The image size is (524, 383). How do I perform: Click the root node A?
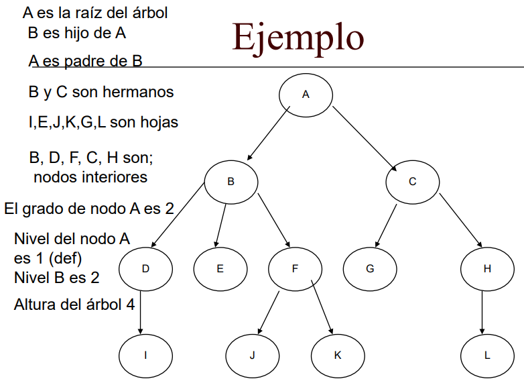pos(306,95)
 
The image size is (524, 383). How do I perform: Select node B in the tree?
pos(231,181)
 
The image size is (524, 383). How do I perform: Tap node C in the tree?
pos(412,181)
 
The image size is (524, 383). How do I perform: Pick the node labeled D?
pos(145,268)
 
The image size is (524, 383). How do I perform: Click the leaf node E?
pos(220,268)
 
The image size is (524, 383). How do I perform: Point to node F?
pos(295,268)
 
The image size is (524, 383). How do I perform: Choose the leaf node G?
pos(370,268)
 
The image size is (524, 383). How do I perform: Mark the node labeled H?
pos(487,268)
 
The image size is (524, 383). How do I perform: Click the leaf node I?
pos(145,355)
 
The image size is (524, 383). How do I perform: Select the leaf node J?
pos(252,355)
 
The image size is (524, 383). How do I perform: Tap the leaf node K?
pos(338,355)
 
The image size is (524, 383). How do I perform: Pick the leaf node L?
pos(487,355)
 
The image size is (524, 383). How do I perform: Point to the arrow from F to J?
pos(269,312)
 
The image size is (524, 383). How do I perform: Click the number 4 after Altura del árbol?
pos(130,304)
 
